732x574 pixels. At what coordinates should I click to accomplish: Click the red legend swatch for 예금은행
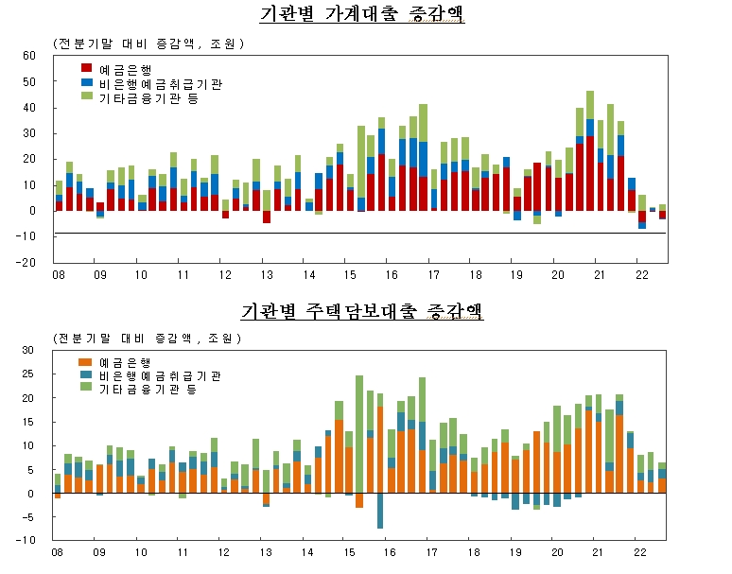coord(87,68)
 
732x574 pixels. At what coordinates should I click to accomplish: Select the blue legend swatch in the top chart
coord(87,82)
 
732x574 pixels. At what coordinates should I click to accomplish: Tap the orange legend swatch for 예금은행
coord(84,361)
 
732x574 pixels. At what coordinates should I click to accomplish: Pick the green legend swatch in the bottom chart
coord(84,388)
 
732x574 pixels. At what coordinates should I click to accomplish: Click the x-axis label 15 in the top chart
coord(349,275)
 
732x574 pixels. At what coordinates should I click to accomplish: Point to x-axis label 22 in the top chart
coord(641,275)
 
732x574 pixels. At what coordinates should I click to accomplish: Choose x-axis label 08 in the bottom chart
coord(57,551)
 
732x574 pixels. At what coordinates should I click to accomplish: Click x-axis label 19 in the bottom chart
coord(516,551)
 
